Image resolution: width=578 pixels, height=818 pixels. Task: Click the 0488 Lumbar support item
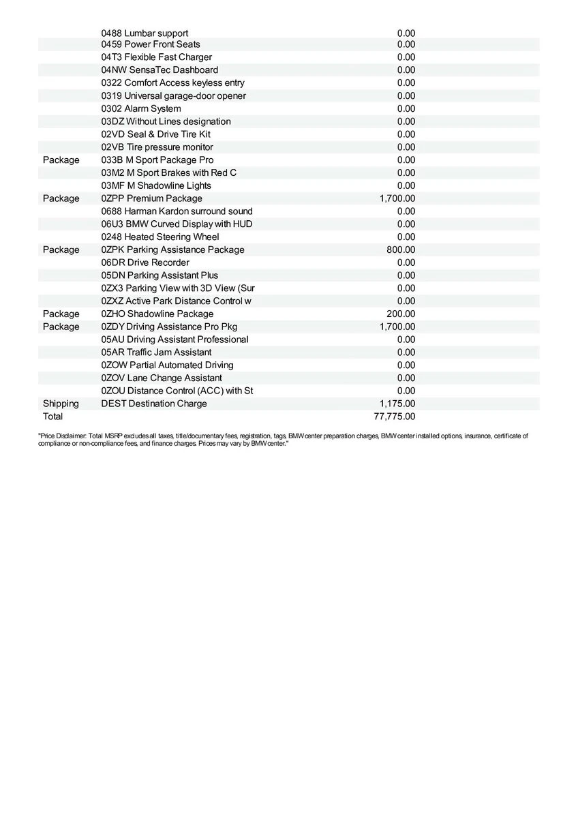point(144,33)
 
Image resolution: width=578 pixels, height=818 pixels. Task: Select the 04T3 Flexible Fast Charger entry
point(156,57)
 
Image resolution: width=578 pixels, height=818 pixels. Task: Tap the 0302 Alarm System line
point(141,108)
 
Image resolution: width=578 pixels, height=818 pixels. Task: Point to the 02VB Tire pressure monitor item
point(157,147)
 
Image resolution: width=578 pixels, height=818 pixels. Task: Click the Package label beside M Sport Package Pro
point(61,160)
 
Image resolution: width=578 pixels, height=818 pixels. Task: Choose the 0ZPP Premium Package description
point(151,198)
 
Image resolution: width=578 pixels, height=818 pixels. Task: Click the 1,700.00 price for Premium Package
point(397,198)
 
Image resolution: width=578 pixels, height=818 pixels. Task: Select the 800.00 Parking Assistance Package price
point(401,249)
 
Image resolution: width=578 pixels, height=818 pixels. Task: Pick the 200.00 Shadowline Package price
point(401,314)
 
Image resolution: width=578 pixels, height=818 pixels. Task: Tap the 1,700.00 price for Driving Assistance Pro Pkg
point(397,327)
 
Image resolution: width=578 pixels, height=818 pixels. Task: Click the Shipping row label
point(61,404)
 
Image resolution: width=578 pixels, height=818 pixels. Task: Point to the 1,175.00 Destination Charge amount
point(397,404)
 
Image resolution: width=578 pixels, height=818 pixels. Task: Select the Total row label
point(52,416)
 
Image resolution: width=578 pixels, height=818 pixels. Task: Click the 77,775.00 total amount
point(395,416)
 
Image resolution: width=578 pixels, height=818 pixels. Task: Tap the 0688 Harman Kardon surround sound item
point(177,211)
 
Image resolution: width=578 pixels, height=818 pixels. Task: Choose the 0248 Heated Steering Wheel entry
point(160,237)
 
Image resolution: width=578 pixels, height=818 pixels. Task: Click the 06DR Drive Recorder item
point(145,262)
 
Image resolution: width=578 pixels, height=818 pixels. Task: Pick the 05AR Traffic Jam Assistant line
point(156,352)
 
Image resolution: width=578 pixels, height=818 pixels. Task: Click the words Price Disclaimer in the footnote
point(62,435)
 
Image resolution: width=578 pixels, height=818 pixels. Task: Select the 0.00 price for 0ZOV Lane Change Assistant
point(406,378)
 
